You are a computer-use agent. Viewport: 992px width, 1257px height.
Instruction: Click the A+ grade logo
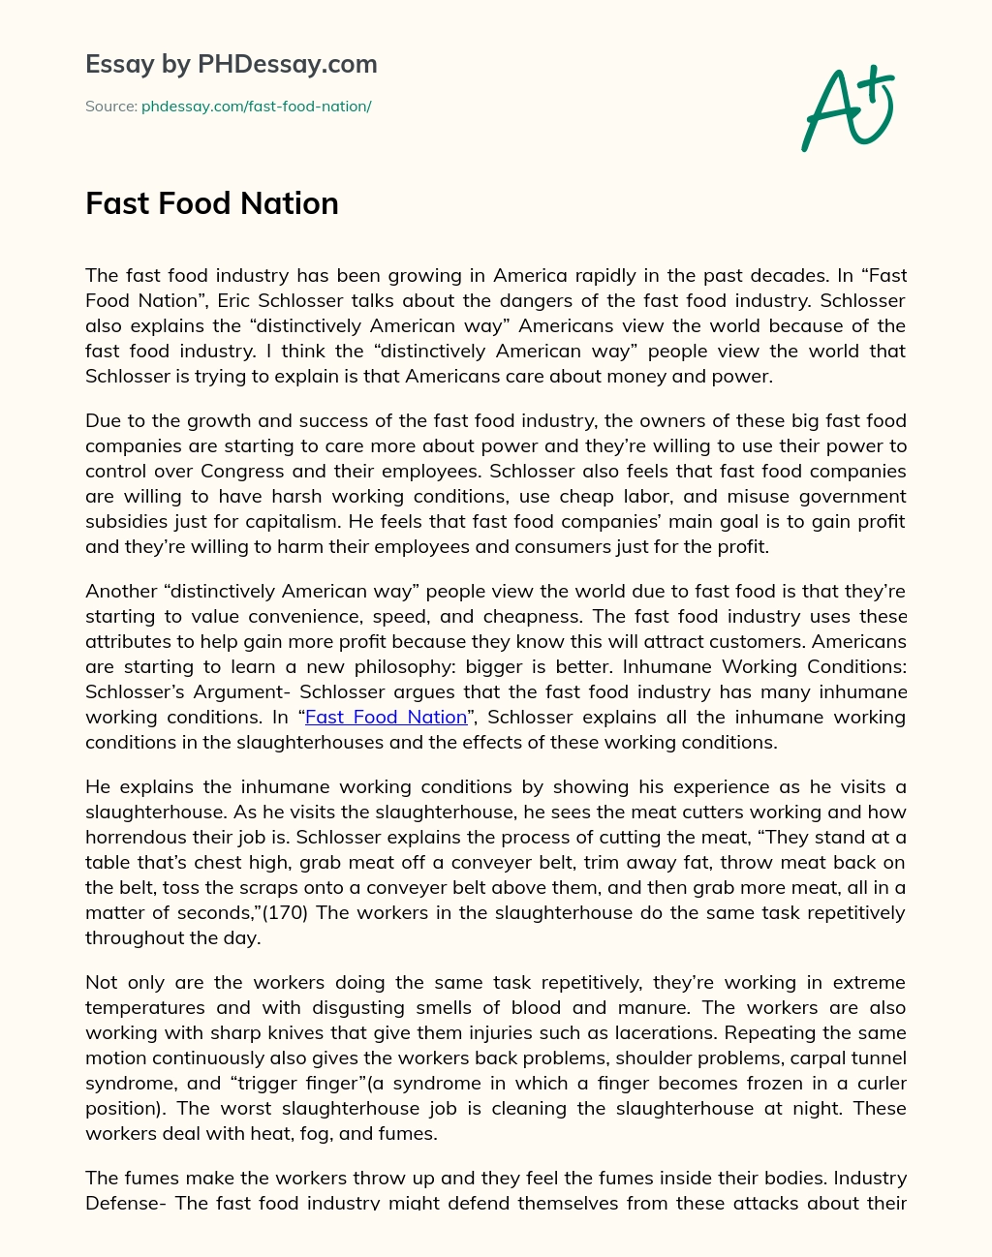click(847, 107)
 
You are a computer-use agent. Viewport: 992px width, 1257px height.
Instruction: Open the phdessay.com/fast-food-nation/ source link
click(257, 107)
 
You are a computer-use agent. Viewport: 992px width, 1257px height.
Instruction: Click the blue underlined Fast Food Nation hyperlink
click(386, 718)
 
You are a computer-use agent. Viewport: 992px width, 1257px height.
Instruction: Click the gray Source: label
click(110, 107)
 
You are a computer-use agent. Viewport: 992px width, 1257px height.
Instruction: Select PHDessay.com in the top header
click(287, 65)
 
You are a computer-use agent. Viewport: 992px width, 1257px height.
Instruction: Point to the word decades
click(787, 276)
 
